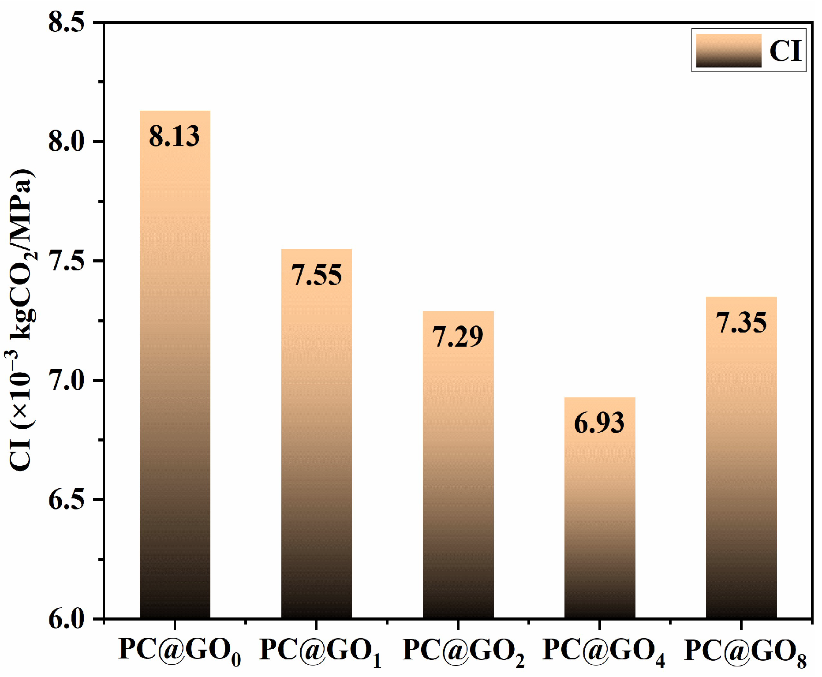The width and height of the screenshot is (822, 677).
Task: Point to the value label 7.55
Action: tap(316, 275)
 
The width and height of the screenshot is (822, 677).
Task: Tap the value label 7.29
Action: tap(458, 337)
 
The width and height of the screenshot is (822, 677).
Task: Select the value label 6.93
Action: tap(599, 423)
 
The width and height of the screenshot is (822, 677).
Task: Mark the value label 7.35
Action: tap(741, 323)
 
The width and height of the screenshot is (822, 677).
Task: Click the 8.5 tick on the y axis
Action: tap(67, 22)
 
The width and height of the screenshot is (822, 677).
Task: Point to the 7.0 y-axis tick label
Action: tap(67, 381)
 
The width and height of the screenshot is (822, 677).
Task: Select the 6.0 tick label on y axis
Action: tap(67, 619)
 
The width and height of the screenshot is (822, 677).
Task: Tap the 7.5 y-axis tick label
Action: tap(67, 261)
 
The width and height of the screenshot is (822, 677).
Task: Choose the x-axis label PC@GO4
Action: tap(603, 651)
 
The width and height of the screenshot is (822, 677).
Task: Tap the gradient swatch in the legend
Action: tap(729, 50)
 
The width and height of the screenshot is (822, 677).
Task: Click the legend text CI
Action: tap(785, 51)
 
